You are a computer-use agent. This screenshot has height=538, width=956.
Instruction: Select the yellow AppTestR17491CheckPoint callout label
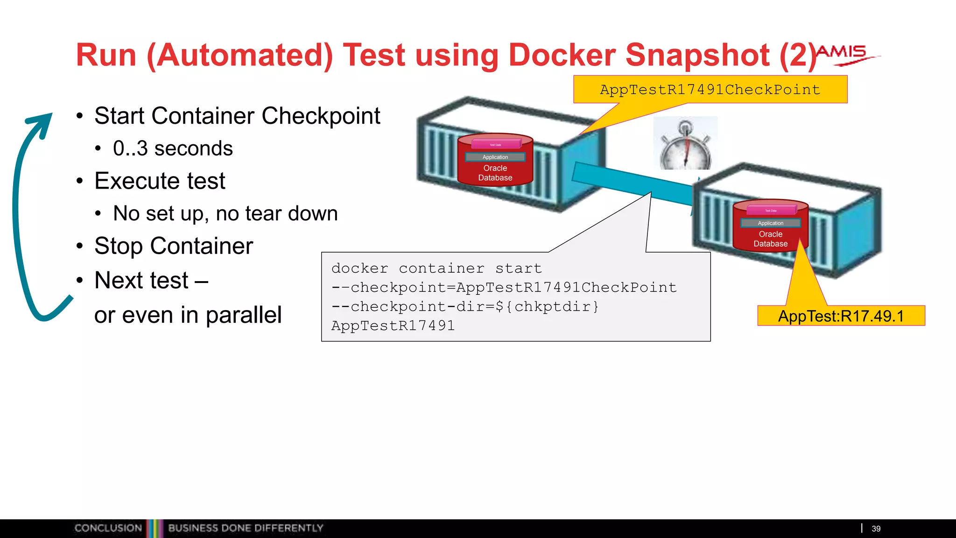click(x=710, y=89)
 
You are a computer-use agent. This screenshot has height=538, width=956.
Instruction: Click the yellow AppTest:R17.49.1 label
click(x=841, y=316)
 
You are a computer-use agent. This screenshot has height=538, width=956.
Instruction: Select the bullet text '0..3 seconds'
click(x=173, y=149)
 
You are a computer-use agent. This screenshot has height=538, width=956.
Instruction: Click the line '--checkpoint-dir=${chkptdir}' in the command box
click(x=465, y=306)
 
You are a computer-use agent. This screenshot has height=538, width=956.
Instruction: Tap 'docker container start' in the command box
click(x=436, y=268)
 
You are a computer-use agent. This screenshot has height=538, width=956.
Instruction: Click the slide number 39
click(x=876, y=529)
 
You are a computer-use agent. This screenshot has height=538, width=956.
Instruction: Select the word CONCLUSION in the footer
click(x=108, y=528)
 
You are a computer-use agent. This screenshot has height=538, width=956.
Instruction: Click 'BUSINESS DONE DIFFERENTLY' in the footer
click(x=246, y=528)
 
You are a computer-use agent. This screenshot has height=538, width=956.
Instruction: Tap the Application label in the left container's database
click(x=495, y=157)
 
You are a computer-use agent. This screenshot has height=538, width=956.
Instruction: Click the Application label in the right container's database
click(x=771, y=223)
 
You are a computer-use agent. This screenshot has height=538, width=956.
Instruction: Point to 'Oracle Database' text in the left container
click(x=495, y=173)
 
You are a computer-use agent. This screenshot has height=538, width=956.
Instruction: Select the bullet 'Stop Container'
click(x=174, y=246)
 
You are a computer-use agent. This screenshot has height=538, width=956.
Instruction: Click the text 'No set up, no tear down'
click(x=225, y=213)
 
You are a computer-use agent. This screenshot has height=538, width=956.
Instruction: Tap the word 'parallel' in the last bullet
click(x=244, y=315)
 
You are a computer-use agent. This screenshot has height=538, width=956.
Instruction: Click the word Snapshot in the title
click(x=697, y=55)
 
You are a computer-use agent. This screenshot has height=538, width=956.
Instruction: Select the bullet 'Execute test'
click(x=160, y=181)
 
